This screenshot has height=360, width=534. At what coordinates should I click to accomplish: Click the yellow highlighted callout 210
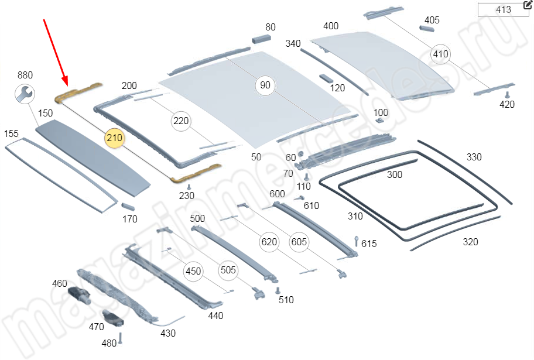[115, 138]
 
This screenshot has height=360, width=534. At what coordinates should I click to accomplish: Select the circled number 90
[265, 85]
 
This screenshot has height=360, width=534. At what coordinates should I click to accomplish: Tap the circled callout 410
[440, 54]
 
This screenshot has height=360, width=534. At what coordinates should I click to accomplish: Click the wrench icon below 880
[25, 93]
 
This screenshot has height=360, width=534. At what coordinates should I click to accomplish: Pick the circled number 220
[181, 121]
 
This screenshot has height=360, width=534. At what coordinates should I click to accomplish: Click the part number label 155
[12, 134]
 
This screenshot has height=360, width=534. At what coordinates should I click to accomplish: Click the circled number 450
[193, 271]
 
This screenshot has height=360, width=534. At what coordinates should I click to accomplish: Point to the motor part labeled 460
[77, 294]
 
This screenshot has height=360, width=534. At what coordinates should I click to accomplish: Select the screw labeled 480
[121, 338]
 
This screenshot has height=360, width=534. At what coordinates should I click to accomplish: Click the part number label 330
[474, 157]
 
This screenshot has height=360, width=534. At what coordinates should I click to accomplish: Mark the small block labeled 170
[128, 206]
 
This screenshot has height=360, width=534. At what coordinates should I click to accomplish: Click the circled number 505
[228, 270]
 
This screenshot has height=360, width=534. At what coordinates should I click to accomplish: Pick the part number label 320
[470, 242]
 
